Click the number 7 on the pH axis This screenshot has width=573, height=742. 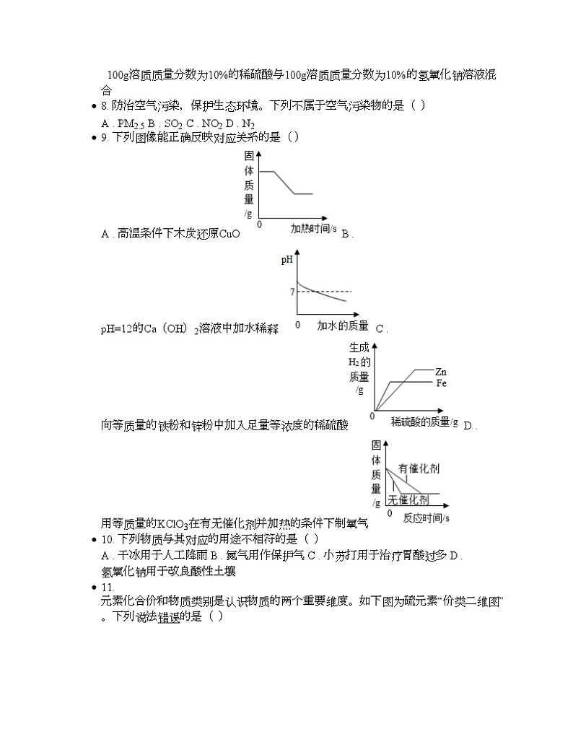tap(292, 292)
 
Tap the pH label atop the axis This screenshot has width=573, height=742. tap(286, 261)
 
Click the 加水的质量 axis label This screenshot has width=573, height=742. tap(342, 326)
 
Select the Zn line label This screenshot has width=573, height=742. tap(440, 372)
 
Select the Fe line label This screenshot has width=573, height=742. tap(441, 383)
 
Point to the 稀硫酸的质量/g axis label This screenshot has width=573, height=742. tap(424, 422)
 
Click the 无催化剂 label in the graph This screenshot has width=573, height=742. tap(408, 499)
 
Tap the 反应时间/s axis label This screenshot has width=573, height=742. tap(426, 518)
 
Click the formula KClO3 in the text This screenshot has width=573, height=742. tap(172, 523)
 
